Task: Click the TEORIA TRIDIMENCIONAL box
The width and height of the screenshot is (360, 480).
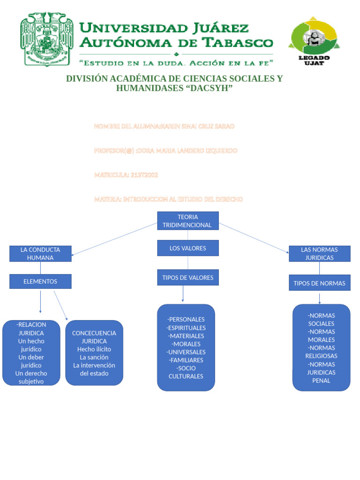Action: click(187, 221)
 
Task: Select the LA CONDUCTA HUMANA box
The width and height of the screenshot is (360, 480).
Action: click(40, 254)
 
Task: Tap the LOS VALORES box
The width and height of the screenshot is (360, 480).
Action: click(187, 248)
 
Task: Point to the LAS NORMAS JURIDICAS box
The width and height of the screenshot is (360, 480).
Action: click(319, 254)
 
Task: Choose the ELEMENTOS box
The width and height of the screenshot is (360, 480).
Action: click(40, 281)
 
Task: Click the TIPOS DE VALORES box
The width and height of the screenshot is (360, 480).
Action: click(187, 277)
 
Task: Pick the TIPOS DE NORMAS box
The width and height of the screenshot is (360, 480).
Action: click(319, 283)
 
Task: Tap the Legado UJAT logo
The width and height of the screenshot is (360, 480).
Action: click(314, 41)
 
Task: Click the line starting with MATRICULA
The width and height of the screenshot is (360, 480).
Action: click(126, 175)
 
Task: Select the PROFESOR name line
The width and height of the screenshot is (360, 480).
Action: click(165, 150)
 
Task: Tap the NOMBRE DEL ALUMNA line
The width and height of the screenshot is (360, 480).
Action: click(164, 126)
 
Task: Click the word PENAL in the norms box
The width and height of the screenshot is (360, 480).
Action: click(321, 381)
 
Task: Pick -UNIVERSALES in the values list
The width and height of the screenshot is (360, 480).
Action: click(186, 352)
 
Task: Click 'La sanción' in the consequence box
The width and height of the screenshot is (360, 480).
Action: click(94, 357)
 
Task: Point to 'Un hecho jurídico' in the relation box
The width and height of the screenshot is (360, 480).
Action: click(31, 345)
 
